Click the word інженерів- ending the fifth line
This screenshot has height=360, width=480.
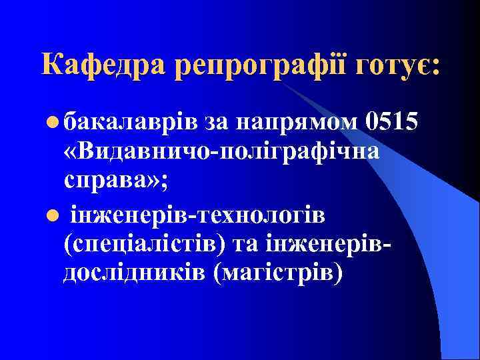[x=337, y=244]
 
